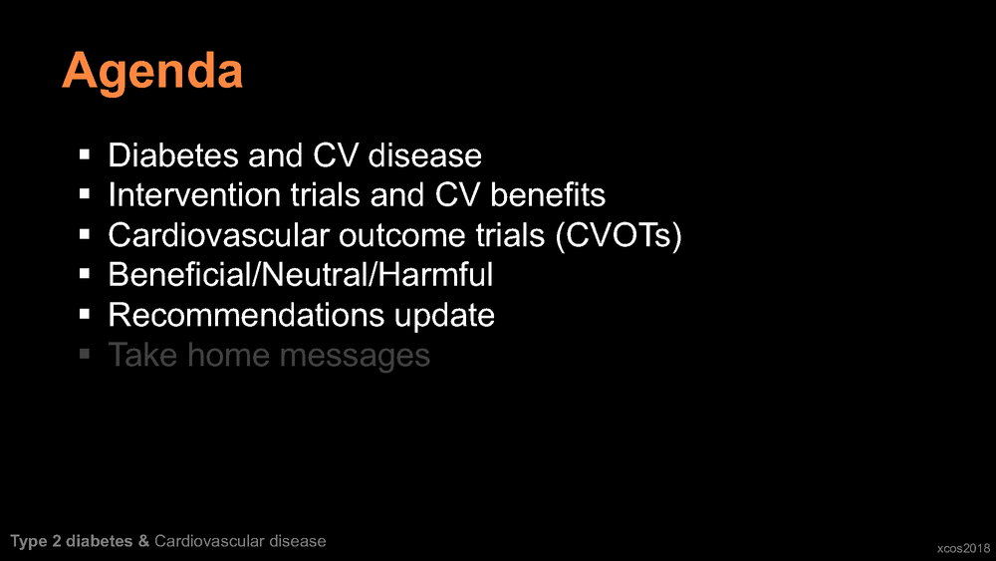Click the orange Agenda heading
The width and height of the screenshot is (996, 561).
pos(152,73)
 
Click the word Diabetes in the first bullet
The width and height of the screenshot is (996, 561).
pos(172,155)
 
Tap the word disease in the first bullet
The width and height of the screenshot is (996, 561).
pos(425,155)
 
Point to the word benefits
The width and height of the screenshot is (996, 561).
pos(548,194)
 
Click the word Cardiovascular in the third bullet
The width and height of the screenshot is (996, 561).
pos(218,235)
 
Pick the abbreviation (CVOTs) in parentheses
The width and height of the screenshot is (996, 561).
pos(619,236)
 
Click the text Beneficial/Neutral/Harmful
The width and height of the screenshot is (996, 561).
pos(301,274)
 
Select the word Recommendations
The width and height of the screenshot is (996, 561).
pos(246,315)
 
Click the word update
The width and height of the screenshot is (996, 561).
pos(444,316)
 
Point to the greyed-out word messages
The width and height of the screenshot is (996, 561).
pos(356,355)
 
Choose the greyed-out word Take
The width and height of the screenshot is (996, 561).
pos(142,355)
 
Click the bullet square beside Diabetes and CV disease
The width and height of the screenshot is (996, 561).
pos(85,154)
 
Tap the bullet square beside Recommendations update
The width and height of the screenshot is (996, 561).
pos(85,314)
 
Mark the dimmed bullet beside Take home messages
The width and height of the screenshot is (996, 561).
pos(85,354)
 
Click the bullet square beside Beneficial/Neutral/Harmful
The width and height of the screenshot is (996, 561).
pos(85,274)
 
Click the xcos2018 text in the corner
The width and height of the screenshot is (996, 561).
pos(963,548)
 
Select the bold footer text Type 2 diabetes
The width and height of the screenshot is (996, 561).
pos(71,541)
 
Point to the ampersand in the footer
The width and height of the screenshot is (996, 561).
pos(143,541)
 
